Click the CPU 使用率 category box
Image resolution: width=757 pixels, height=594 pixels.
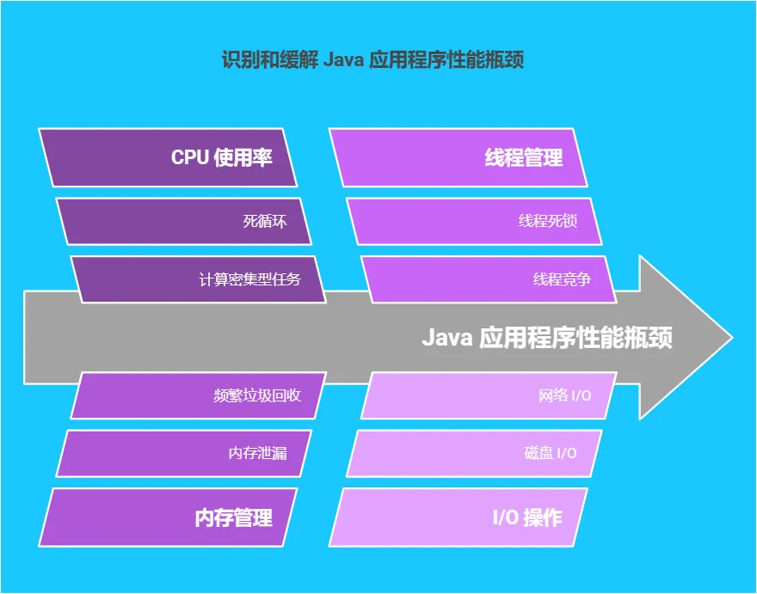coord(168,157)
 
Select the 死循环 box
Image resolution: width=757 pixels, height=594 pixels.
coord(184,221)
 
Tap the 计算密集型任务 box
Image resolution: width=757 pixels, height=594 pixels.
coord(199,279)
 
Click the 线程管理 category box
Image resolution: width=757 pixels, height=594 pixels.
coord(459,157)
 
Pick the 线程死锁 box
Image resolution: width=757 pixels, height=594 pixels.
coord(474,221)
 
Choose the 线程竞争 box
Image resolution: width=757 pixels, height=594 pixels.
coord(489,279)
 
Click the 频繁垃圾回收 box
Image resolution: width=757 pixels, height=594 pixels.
coord(199,395)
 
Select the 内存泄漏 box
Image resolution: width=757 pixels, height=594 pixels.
coord(184,453)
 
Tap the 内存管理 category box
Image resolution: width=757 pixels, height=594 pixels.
coord(168,517)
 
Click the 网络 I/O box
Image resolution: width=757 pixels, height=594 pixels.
coord(489,395)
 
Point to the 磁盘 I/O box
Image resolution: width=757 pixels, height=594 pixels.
coord(474,453)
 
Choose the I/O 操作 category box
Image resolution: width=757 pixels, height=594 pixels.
coord(459,517)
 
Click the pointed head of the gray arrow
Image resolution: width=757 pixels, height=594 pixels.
coord(732,337)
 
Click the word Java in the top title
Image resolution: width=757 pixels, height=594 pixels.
coord(342,60)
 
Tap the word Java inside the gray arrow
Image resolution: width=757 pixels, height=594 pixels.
coord(447,337)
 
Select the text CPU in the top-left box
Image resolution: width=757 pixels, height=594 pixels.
coord(190,157)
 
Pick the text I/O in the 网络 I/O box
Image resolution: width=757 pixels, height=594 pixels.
coord(582,395)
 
